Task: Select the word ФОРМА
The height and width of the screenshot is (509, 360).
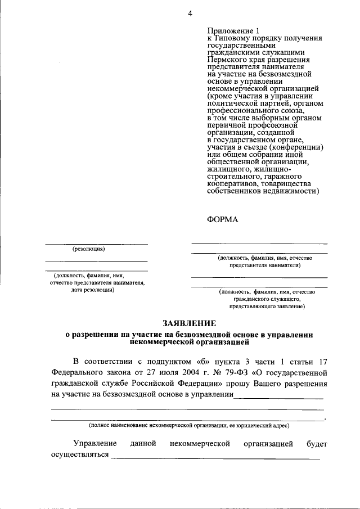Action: click(223, 219)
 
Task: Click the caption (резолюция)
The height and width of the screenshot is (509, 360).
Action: click(88, 249)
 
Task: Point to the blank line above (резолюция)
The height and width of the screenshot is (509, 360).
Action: click(96, 244)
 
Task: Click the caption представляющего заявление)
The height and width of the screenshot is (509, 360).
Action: click(267, 308)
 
